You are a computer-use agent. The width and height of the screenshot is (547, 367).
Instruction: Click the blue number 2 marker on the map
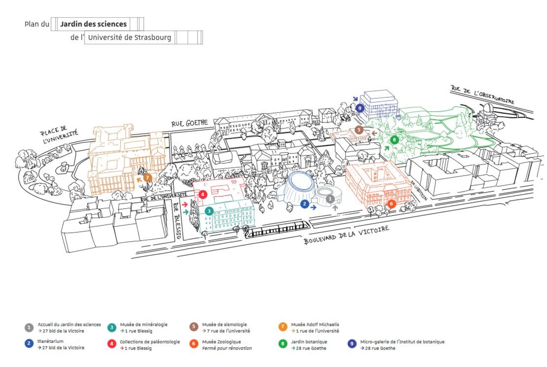click(x=305, y=204)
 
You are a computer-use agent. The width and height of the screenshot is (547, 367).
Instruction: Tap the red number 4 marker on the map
click(x=203, y=195)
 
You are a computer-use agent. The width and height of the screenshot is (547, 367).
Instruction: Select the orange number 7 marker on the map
click(x=148, y=178)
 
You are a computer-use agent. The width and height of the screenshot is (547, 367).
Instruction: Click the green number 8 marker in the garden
click(x=394, y=139)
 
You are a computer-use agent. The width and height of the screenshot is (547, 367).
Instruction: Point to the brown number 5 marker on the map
click(x=359, y=130)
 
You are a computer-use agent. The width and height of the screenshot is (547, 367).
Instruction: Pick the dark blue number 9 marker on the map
click(x=360, y=108)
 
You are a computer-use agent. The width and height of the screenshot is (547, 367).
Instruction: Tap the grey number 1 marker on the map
click(x=330, y=199)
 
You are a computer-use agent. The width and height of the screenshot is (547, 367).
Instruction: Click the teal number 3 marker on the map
click(x=209, y=211)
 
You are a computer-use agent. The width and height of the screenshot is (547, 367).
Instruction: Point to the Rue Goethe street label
click(x=189, y=122)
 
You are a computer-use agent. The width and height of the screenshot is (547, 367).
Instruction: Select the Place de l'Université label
click(x=59, y=136)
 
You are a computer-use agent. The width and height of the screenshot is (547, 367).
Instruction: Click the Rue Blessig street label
click(x=177, y=221)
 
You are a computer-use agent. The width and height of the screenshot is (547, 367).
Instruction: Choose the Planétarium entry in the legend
click(x=51, y=341)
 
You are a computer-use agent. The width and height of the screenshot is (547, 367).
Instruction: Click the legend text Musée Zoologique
click(x=221, y=342)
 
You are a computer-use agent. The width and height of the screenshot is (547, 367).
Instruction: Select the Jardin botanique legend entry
click(x=309, y=342)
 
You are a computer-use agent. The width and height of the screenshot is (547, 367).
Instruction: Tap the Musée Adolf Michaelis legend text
click(x=315, y=325)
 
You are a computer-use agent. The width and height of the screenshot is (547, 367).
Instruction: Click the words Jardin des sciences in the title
click(x=93, y=24)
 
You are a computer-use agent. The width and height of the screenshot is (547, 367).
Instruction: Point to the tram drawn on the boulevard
click(x=278, y=230)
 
